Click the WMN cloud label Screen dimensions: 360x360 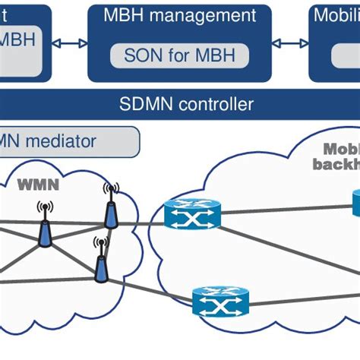[x=38, y=185]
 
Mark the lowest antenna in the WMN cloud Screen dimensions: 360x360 [x=100, y=261]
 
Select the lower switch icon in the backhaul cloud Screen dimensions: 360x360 [x=220, y=302]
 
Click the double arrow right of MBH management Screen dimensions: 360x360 [x=290, y=44]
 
